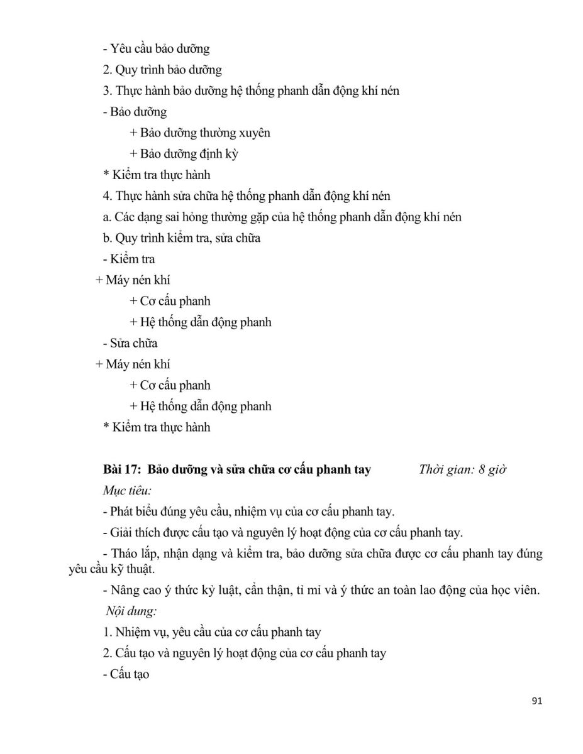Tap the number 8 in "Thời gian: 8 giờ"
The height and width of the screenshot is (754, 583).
(482, 469)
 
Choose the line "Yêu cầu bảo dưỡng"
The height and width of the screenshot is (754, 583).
(160, 48)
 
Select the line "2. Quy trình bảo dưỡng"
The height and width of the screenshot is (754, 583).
(162, 70)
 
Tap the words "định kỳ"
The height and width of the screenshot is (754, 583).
(219, 153)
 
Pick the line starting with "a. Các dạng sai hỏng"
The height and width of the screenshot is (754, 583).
(282, 217)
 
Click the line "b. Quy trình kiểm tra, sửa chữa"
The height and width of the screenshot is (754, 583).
(181, 238)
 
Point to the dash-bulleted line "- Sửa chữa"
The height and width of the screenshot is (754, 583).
(130, 343)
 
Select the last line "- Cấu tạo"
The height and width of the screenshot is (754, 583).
(126, 675)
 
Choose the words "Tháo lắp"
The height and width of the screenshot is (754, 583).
(135, 554)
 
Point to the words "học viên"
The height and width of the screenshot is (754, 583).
(519, 591)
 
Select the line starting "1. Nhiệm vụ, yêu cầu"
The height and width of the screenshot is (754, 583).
(212, 632)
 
